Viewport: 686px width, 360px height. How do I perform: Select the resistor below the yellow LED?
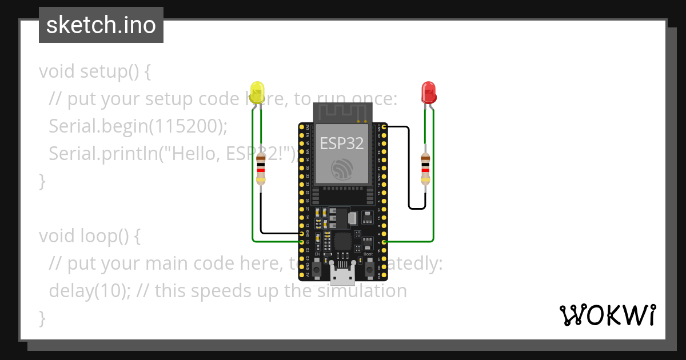click(x=261, y=169)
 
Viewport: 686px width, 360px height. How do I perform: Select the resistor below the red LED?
click(x=425, y=169)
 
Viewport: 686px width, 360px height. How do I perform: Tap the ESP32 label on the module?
click(x=342, y=143)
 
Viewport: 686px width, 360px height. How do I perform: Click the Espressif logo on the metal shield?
click(x=342, y=168)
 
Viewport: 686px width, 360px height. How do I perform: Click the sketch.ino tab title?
click(x=101, y=25)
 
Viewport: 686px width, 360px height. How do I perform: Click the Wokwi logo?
click(x=607, y=315)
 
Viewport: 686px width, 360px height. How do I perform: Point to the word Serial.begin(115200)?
click(x=138, y=126)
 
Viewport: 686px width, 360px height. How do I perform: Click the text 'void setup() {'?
click(x=95, y=71)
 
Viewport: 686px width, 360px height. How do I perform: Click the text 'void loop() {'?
click(x=89, y=235)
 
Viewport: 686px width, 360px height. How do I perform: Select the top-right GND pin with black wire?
click(x=384, y=126)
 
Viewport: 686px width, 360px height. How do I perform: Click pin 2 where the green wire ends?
click(x=384, y=242)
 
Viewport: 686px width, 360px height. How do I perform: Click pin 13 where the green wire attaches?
click(x=302, y=242)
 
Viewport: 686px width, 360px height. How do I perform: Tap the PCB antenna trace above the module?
click(x=342, y=112)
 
